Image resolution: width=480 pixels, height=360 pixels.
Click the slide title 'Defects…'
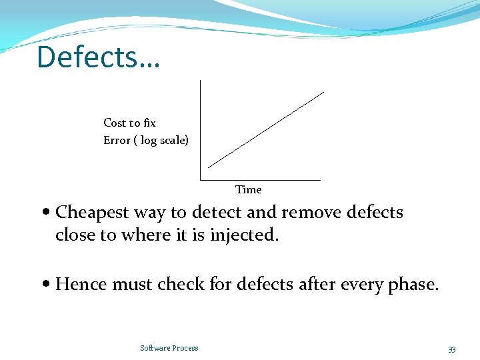coord(98,57)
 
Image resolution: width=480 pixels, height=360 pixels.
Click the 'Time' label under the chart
coord(249,190)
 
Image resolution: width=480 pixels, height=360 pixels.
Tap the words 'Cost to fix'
coord(129,123)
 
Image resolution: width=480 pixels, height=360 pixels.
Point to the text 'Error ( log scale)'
coord(146,140)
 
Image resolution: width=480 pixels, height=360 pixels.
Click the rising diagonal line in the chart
coord(267,129)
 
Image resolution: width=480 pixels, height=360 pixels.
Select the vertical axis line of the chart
coord(200,130)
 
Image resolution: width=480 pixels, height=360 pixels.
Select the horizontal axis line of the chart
coord(260,179)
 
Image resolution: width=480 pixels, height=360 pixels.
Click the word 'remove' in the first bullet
coord(305,213)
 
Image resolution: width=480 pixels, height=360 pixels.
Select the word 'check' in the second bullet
coord(181,285)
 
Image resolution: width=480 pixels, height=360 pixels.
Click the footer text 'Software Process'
coord(169,348)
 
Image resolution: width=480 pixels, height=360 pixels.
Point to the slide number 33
coord(451,349)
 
